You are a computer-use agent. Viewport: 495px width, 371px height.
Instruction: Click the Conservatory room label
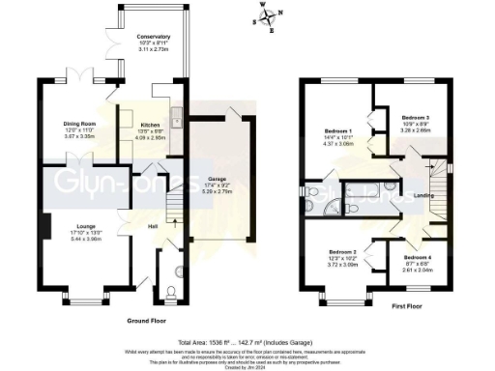[146, 37]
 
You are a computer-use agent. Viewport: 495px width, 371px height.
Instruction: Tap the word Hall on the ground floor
[153, 227]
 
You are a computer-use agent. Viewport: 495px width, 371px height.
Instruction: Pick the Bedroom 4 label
[417, 253]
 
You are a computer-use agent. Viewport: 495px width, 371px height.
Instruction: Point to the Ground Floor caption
[147, 319]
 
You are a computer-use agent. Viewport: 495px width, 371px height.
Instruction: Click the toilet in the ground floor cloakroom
[171, 291]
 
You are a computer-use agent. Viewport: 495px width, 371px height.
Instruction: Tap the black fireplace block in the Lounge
[44, 228]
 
